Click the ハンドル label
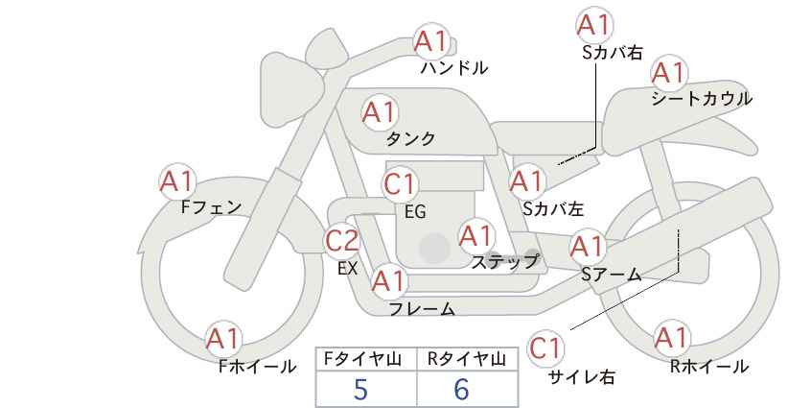453,68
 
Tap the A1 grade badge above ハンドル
430,41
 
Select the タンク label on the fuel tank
410,139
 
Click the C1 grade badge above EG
400,184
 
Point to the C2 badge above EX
342,241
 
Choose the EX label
348,268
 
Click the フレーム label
422,309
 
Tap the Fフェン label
211,207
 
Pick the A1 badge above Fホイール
222,339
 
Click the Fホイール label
257,367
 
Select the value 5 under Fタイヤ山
360,389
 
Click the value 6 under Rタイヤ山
461,389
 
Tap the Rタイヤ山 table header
467,359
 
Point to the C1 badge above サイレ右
545,348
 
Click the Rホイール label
709,367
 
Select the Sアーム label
612,275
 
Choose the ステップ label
504,262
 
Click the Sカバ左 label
553,208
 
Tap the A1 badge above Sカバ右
595,25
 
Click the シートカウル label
702,99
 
